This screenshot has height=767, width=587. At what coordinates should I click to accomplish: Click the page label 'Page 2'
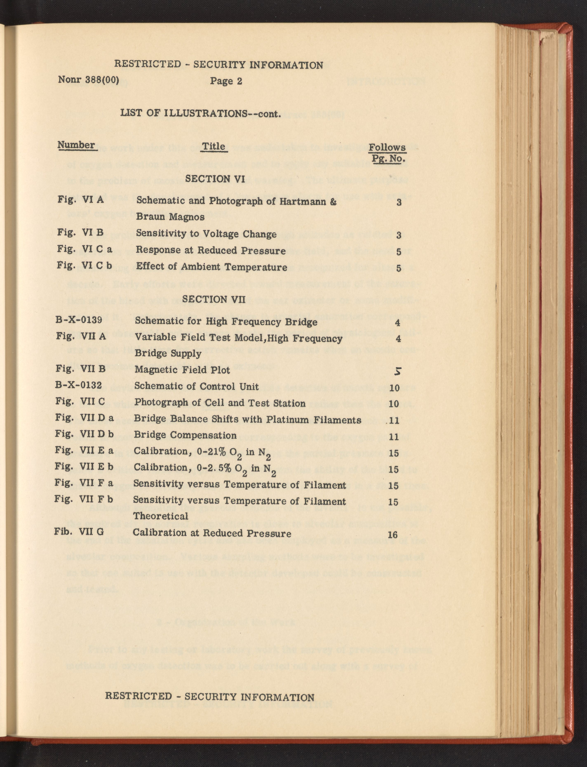point(226,81)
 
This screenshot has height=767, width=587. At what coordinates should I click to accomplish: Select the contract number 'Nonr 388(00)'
point(88,80)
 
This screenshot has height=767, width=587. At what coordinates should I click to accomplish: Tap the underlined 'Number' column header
point(76,145)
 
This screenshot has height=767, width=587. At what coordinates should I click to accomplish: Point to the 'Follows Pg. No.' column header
point(387,153)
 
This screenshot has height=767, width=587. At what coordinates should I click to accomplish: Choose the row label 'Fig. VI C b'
point(85,266)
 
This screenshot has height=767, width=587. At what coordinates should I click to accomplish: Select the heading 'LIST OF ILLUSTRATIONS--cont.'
point(201,114)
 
